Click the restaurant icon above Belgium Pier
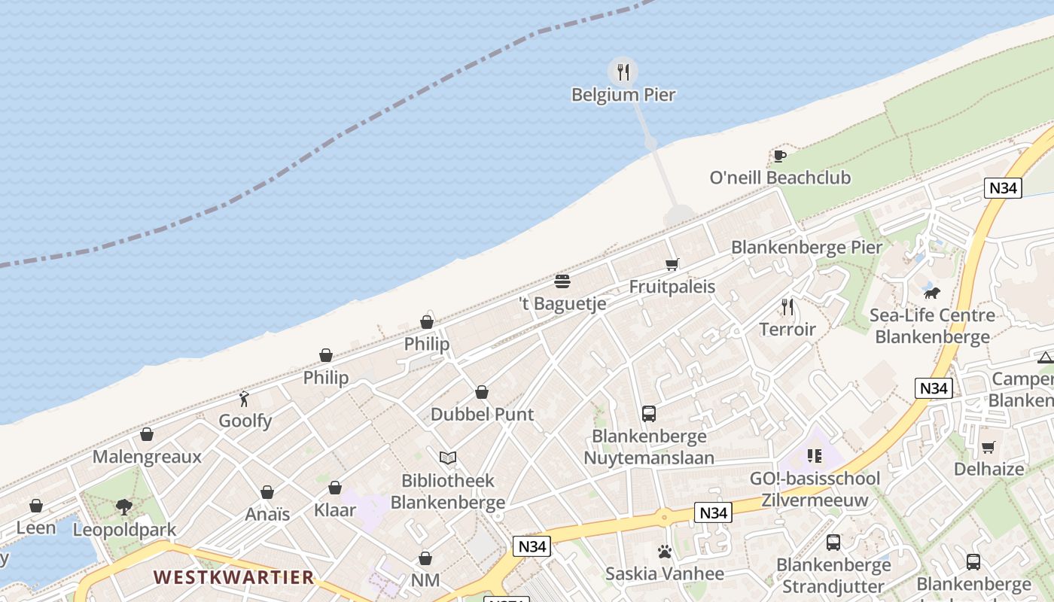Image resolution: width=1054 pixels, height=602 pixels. coord(623,71)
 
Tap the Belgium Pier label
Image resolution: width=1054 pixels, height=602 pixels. coord(623,95)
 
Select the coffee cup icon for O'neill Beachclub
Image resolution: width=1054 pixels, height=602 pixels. coord(780,156)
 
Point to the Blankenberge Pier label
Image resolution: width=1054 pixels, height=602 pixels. coord(806,247)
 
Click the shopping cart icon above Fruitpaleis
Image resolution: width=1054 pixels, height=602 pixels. coord(672,264)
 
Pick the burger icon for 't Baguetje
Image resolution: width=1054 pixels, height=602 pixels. coord(562,281)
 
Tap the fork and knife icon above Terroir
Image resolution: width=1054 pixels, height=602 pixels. coord(787,307)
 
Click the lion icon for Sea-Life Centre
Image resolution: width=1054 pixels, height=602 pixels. coord(932,293)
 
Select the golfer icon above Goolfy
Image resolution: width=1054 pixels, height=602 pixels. coord(245,399)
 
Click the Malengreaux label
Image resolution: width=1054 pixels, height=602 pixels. coord(147,457)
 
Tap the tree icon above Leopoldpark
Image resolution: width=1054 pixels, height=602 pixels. coord(124,507)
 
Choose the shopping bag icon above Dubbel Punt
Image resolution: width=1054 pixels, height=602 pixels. coord(482,392)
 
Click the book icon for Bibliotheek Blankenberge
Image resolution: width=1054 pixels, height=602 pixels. coord(448,458)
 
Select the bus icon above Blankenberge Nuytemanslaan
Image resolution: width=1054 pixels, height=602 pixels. coord(649,413)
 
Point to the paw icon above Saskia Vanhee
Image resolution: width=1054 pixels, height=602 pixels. coord(664,552)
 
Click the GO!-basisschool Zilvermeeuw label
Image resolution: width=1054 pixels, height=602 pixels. coord(815,489)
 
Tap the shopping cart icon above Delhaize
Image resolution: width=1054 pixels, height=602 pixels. coord(989,448)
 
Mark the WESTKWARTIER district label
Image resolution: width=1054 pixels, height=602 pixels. coord(233,578)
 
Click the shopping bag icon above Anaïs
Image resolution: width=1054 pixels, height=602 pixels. coord(267,492)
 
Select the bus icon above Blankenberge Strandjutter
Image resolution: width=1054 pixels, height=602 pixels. coord(833,543)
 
